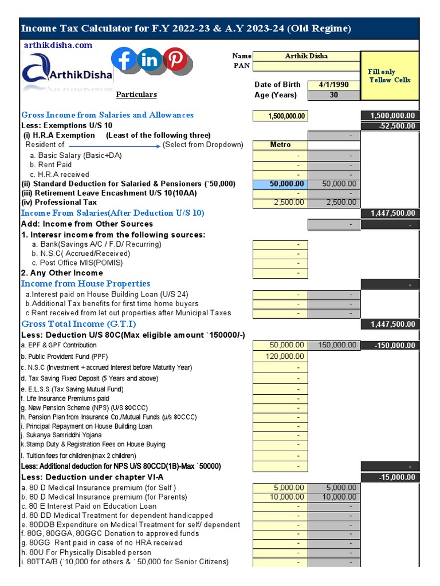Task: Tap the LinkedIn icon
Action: point(150,59)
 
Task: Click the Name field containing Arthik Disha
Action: point(306,56)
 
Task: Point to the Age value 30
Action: point(334,95)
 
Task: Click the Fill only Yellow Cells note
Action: point(390,76)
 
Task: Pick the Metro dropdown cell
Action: point(280,145)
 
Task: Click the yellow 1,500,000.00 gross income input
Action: point(280,116)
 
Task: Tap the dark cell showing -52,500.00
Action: point(390,126)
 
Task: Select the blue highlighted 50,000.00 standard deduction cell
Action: point(280,184)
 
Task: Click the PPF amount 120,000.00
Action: point(280,356)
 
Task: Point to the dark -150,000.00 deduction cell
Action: point(390,346)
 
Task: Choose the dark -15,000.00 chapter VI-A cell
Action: point(390,477)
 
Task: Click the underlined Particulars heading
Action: point(136,94)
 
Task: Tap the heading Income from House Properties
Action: point(85,284)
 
